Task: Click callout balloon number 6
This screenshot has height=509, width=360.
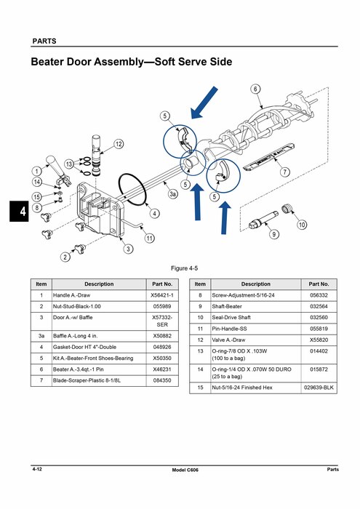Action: pyautogui.click(x=255, y=89)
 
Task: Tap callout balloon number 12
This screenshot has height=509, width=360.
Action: pyautogui.click(x=119, y=144)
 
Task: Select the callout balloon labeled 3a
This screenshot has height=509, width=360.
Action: pyautogui.click(x=172, y=194)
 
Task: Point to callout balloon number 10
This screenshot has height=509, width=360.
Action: pyautogui.click(x=302, y=225)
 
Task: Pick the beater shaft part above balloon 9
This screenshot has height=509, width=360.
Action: pyautogui.click(x=264, y=220)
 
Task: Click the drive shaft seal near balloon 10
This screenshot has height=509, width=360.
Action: pyautogui.click(x=286, y=208)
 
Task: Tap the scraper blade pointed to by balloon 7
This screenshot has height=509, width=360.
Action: pyautogui.click(x=268, y=156)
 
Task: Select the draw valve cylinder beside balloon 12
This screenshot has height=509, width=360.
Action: pyautogui.click(x=97, y=155)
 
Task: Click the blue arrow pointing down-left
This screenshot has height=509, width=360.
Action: pyautogui.click(x=204, y=103)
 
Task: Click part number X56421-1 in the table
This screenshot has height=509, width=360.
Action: pyautogui.click(x=162, y=295)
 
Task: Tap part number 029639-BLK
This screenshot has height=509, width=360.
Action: pyautogui.click(x=319, y=388)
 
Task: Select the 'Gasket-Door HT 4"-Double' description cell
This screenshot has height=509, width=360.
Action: pyautogui.click(x=84, y=347)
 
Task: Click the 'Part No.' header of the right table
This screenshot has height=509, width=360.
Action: pyautogui.click(x=319, y=284)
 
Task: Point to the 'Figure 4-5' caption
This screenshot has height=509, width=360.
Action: pyautogui.click(x=184, y=268)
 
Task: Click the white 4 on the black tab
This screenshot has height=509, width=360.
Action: pyautogui.click(x=23, y=212)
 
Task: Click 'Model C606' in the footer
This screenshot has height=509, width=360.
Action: pyautogui.click(x=185, y=470)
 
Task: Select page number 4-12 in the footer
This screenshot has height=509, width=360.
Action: pyautogui.click(x=37, y=469)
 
